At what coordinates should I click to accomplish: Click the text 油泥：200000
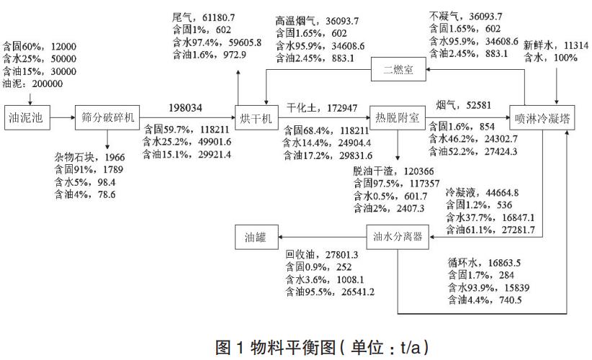pos(33,83)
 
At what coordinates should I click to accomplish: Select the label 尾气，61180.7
pos(204,17)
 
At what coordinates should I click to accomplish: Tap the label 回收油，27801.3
pos(315,255)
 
